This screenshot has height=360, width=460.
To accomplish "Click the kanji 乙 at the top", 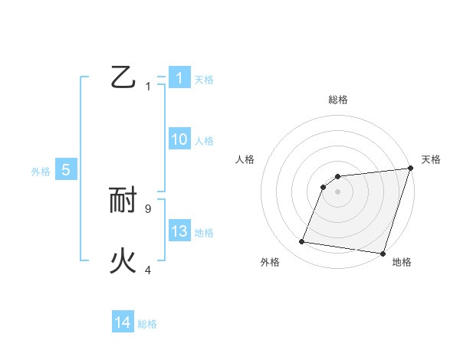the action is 123,77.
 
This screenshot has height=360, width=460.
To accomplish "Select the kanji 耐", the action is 123,201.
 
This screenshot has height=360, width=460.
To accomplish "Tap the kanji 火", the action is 123,261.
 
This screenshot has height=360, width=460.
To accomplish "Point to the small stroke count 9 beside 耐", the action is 147,208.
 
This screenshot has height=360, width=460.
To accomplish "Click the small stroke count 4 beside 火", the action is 148,269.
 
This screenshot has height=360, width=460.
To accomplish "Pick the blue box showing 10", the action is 179,139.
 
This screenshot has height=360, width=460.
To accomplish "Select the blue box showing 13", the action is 179,231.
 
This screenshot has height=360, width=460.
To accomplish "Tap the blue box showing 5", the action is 65,170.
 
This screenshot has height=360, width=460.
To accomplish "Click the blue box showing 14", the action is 123,322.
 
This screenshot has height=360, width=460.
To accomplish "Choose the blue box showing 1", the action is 179,78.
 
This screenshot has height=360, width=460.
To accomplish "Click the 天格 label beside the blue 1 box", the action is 204,80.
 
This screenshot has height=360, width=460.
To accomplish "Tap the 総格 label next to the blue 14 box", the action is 147,324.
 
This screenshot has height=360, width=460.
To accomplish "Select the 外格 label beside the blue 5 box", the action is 41,172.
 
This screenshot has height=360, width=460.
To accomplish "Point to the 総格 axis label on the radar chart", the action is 337,100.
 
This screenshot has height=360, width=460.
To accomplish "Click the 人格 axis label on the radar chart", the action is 245,159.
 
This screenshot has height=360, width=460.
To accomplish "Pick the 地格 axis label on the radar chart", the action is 402,262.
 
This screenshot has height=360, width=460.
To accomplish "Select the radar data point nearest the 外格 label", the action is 302,242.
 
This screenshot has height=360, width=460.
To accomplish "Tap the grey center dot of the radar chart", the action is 337,191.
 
